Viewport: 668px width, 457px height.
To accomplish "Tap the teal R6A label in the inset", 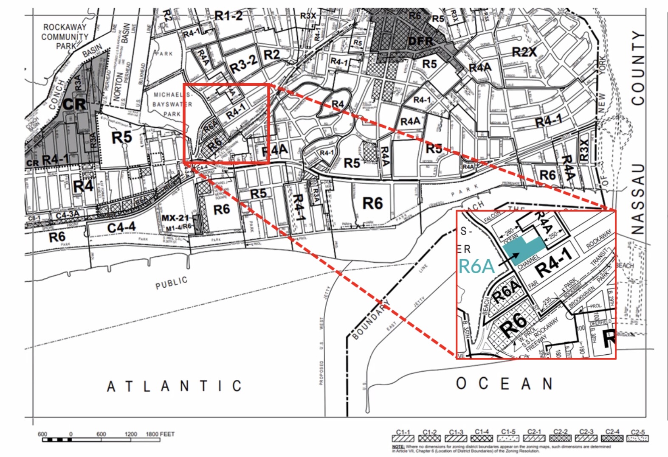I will pos(477,266).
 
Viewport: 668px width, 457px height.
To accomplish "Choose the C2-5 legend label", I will pos(638,432).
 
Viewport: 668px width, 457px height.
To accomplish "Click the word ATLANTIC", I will pos(174,386).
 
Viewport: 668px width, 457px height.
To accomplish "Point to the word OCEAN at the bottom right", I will pos(505,384).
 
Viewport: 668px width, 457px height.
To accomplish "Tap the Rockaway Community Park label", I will pos(64,36).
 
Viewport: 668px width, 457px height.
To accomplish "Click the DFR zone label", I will pos(420,41).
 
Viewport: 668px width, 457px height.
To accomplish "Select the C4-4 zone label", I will pos(121,228).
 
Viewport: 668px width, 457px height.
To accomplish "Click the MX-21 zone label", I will pos(175,218).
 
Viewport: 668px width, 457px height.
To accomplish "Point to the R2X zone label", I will pos(524,52).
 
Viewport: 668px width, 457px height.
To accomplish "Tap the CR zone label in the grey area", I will pos(74,104).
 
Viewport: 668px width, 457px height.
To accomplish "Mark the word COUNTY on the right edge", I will pos(638,68).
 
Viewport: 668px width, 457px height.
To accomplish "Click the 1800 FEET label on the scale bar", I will pos(160,434).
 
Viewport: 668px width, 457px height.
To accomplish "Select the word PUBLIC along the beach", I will pos(171,283).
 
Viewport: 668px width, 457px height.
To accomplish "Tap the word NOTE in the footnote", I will pos(398,447).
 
